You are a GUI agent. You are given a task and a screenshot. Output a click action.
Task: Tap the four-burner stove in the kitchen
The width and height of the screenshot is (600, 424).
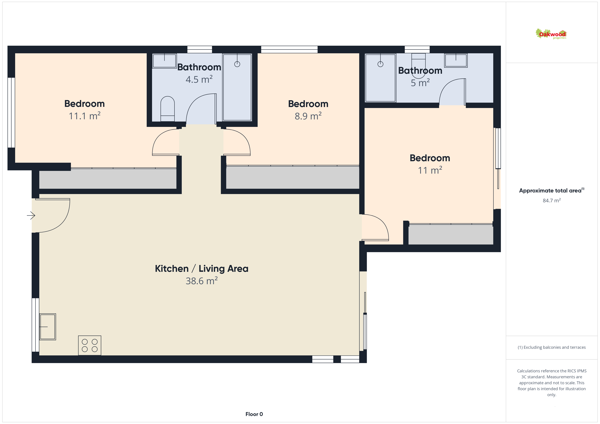90,345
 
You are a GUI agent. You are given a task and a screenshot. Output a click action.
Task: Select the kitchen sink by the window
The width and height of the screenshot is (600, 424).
48,327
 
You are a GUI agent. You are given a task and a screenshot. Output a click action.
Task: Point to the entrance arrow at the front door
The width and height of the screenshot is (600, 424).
31,215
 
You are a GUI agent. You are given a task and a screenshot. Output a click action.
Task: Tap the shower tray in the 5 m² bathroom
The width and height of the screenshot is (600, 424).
380,78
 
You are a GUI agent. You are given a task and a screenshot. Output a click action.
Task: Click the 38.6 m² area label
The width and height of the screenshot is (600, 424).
202,281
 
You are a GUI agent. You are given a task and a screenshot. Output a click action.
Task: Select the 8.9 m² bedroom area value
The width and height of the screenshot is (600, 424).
308,116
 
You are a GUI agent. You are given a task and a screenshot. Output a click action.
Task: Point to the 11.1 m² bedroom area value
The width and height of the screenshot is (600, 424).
84,116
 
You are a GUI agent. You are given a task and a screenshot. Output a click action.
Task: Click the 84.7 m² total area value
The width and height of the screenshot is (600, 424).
552,200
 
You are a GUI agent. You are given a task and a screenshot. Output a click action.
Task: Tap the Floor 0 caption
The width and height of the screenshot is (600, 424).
254,414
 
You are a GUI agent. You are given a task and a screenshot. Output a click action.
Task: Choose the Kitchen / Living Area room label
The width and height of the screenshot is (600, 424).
202,268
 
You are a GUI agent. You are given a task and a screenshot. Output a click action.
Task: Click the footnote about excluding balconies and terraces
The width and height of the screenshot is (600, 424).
552,347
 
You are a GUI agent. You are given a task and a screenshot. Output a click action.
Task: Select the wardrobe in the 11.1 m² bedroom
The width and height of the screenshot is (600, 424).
108,179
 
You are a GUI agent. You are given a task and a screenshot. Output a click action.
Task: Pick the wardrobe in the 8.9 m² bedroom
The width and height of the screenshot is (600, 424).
293,177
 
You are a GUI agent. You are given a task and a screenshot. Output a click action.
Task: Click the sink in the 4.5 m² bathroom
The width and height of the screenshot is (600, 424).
164,61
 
